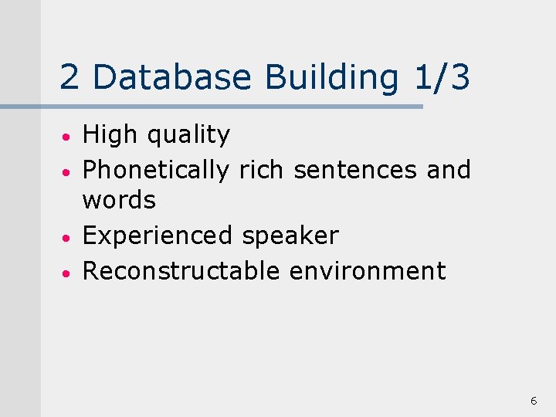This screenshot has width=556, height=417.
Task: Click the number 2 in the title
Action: pyautogui.click(x=69, y=77)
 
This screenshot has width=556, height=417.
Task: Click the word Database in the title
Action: pyautogui.click(x=172, y=77)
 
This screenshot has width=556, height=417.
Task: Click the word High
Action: pyautogui.click(x=110, y=136)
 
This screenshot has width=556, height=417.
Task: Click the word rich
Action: pyautogui.click(x=263, y=169)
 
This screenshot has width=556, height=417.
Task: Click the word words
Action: pyautogui.click(x=119, y=201)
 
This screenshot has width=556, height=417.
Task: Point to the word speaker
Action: pyautogui.click(x=290, y=236)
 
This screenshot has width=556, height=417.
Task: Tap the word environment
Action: pyautogui.click(x=368, y=271)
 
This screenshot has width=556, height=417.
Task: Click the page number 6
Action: pyautogui.click(x=534, y=401)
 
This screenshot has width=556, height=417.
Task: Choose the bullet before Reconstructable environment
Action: pyautogui.click(x=69, y=273)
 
